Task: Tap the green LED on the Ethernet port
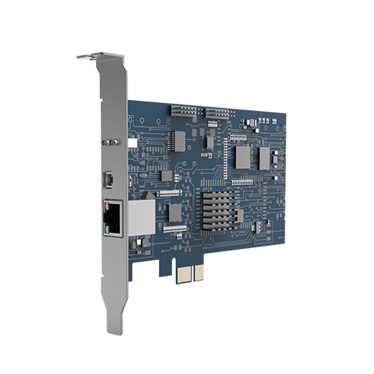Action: (x=108, y=229)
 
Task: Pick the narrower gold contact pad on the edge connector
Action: (x=199, y=273)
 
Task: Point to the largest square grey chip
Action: (x=243, y=157)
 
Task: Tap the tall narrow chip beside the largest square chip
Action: (x=265, y=158)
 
